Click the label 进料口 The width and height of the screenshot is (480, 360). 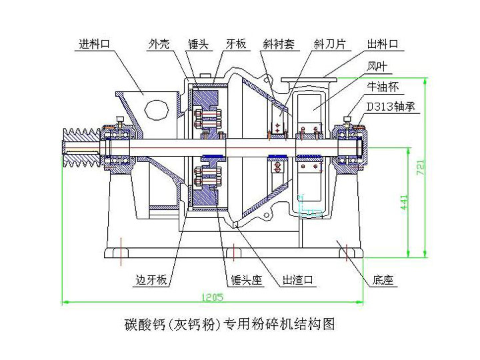coord(94,45)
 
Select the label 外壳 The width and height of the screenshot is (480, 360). coord(159,45)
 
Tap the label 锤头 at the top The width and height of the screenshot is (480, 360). coord(198,45)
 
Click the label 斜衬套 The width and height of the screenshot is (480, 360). coord(279,45)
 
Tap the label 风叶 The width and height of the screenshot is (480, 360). coord(377,67)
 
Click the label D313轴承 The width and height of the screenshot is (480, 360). coord(393,106)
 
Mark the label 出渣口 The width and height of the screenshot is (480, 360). coord(298,281)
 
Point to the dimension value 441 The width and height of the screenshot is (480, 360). coord(405,202)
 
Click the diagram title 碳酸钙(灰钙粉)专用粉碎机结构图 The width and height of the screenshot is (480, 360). coord(229,325)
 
